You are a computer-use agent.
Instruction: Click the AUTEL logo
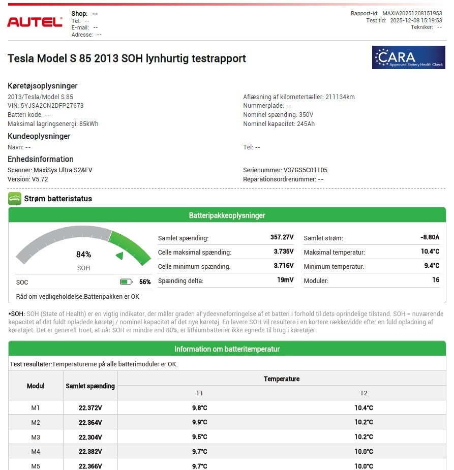pos(35,22)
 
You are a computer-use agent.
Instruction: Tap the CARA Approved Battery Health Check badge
pos(408,57)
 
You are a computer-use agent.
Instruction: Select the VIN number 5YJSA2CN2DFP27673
pos(52,106)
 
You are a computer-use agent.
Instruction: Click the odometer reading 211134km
pos(340,97)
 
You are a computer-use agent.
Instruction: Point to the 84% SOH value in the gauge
pos(83,255)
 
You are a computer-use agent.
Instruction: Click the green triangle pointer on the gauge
pos(119,256)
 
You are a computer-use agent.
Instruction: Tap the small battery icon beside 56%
pos(126,282)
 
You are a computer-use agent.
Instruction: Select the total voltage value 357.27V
pos(282,237)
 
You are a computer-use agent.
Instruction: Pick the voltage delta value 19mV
pos(285,280)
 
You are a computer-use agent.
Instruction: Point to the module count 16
pos(436,280)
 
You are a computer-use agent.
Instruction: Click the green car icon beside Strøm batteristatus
pos(15,199)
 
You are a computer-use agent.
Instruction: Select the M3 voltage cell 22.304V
pos(90,437)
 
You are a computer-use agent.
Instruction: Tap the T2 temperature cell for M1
pos(364,408)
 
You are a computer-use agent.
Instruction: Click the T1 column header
pos(199,393)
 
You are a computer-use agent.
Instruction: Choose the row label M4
pos(36,451)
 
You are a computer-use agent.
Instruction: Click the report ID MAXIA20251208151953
pos(412,14)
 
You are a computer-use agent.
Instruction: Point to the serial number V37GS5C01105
pos(305,170)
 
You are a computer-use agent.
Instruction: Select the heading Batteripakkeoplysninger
pos(227,215)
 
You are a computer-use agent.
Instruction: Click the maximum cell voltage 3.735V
pos(283,252)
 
